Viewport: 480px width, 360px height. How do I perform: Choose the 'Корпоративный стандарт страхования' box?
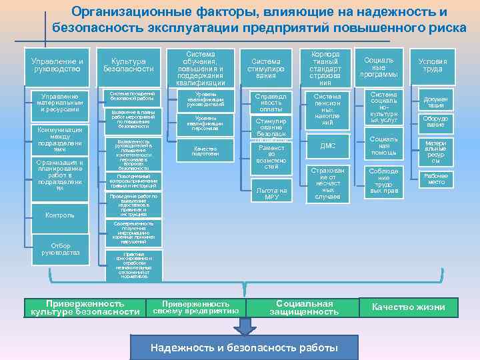point(325,68)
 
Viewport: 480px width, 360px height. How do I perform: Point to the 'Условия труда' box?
point(433,65)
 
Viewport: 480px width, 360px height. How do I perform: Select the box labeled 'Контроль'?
point(59,215)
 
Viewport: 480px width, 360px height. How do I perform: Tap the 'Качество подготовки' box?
point(206,150)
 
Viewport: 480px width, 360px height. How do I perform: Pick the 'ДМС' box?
point(327,146)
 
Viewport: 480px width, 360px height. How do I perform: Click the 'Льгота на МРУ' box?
point(271,193)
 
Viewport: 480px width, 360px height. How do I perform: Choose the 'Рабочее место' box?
point(437,179)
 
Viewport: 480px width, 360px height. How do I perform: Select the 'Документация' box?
point(436,101)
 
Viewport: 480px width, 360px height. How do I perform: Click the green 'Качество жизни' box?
point(409,307)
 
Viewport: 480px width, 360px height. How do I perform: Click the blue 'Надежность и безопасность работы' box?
point(244,347)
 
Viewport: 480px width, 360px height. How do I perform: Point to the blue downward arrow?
point(244,325)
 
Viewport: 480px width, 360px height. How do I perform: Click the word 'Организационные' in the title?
point(137,13)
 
